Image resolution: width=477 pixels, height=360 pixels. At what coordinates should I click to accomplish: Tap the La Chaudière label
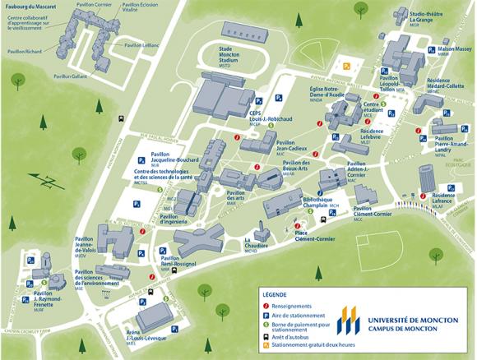coord(257,244)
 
